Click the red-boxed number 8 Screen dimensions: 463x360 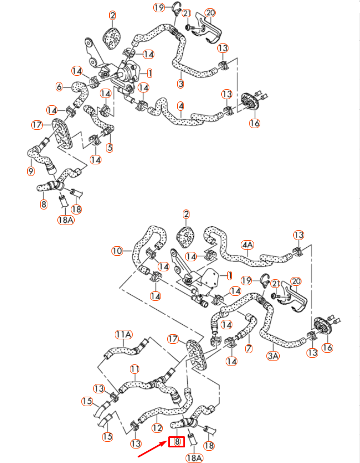coord(177,442)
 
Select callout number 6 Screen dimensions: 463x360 coord(59,86)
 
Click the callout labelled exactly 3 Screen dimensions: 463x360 coord(181,84)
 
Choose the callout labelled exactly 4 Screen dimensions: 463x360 coord(181,105)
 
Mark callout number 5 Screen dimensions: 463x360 coord(110,148)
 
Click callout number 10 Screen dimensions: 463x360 coord(116,251)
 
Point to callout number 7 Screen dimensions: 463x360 coord(249,348)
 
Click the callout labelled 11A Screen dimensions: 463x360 coord(123,334)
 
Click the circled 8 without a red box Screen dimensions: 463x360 coord(43,204)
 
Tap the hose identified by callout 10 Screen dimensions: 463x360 coord(136,245)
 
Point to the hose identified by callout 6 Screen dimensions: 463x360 coord(78,92)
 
